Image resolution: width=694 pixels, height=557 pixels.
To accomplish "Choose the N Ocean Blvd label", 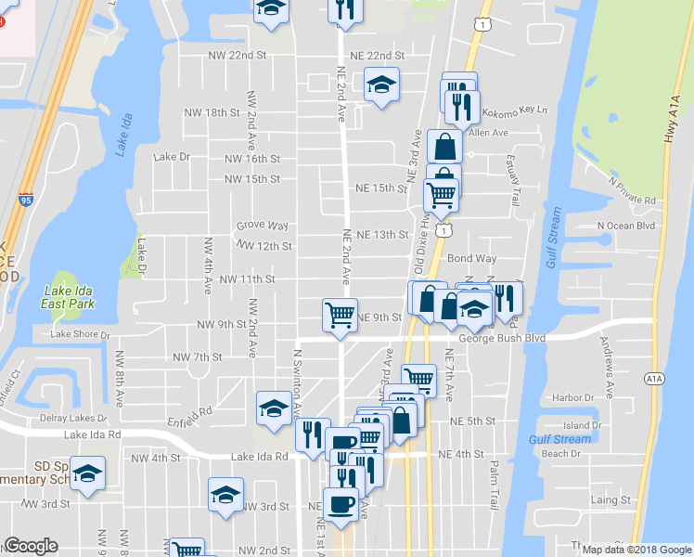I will point(625,226).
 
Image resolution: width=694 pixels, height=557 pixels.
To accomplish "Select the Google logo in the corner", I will point(31,546).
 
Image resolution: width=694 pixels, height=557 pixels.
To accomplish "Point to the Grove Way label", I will point(262,226).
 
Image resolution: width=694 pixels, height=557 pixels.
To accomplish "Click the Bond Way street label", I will point(472,258).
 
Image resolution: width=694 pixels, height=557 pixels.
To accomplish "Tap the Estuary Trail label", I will point(515,185).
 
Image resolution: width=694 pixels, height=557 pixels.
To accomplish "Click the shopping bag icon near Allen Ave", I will point(445,146).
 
